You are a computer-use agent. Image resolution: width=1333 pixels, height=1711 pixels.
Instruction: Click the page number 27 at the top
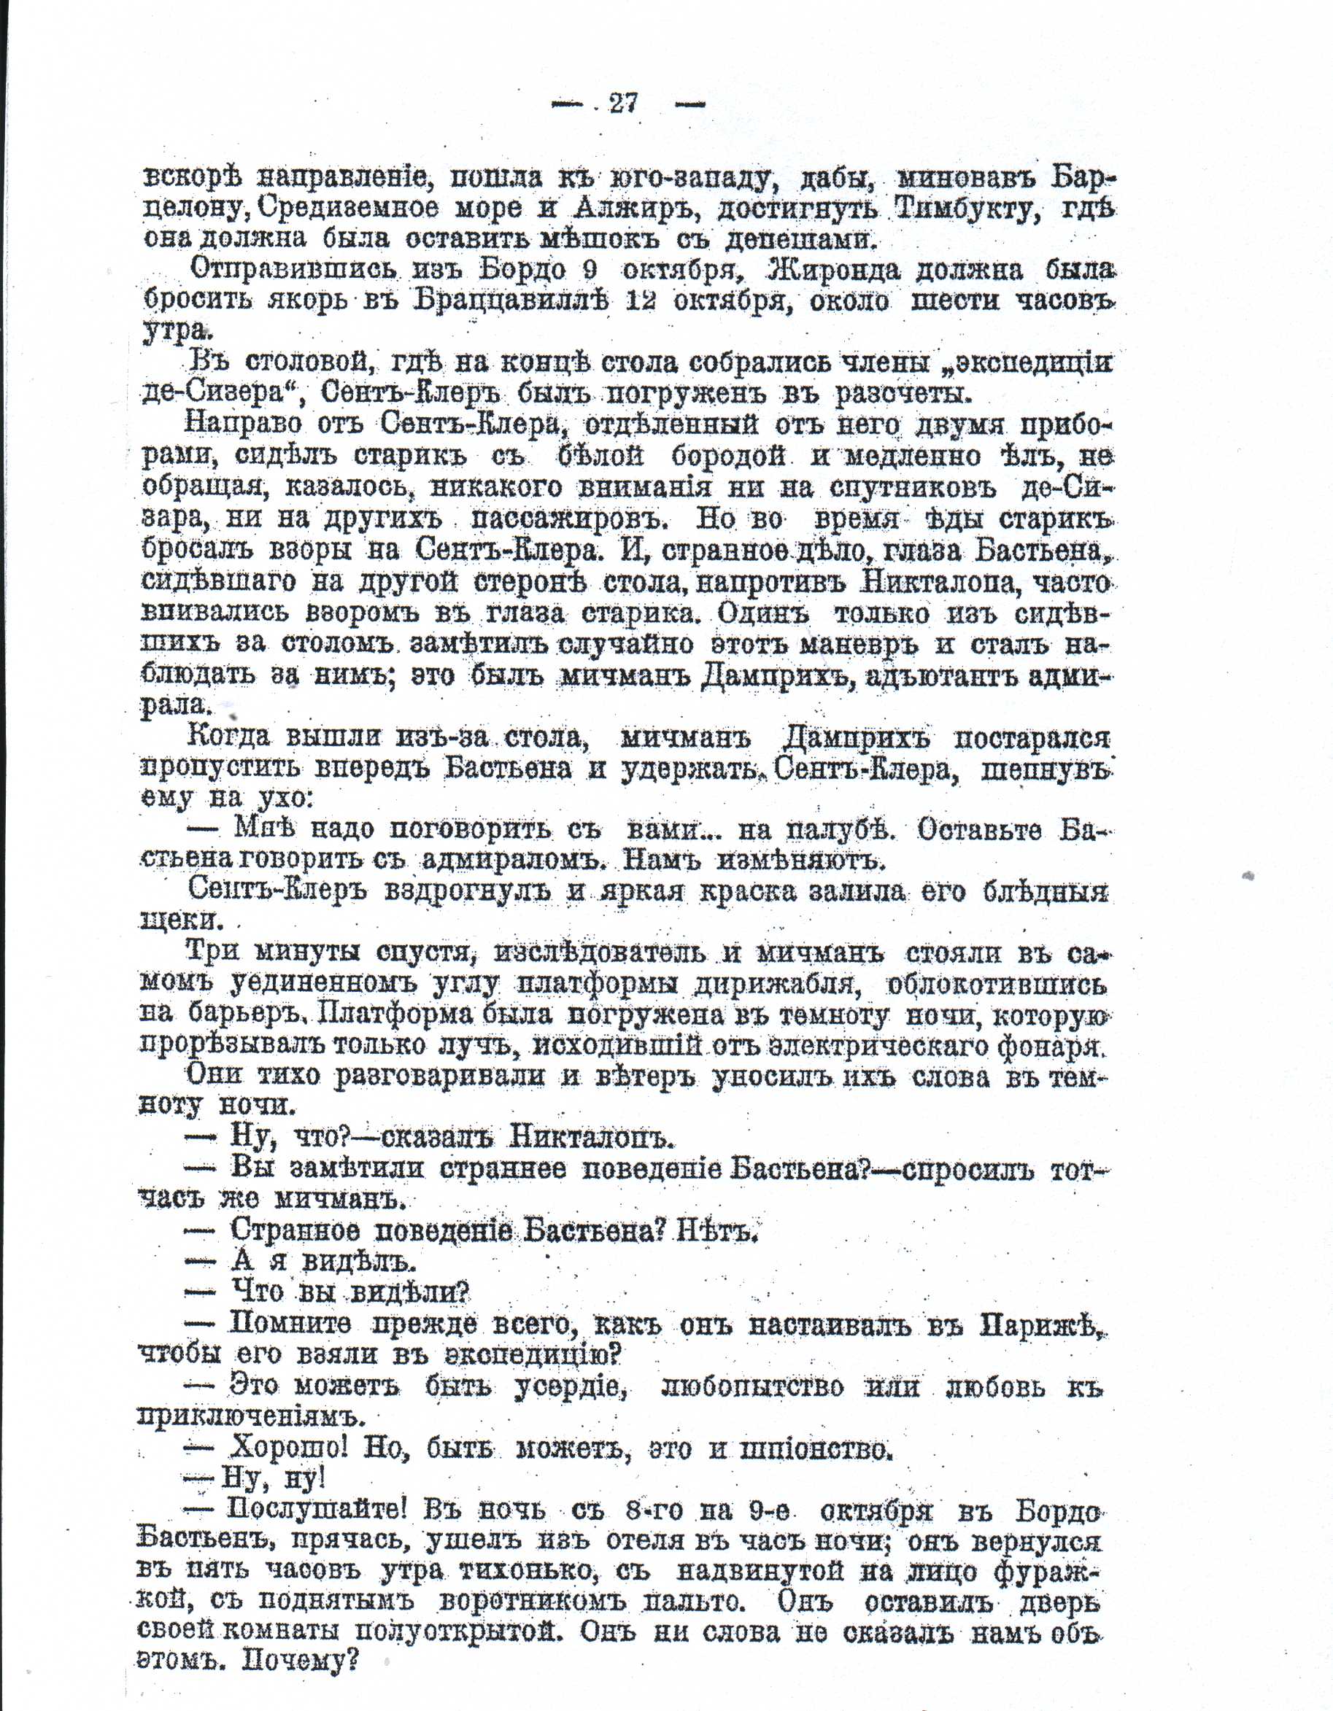(x=624, y=104)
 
